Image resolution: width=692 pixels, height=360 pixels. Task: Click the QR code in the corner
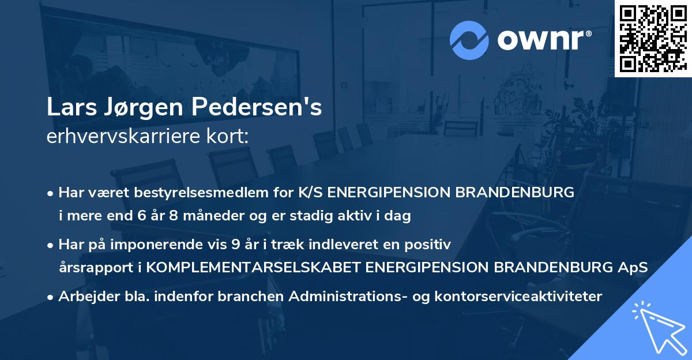pos(653,38)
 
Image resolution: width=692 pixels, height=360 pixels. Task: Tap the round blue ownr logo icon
pos(469,40)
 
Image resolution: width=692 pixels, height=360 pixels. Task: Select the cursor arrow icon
pos(657,327)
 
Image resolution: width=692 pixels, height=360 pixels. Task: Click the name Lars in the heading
pos(70,108)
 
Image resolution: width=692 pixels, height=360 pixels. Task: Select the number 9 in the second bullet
pos(235,245)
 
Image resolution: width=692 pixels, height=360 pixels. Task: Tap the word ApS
pos(634,268)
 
